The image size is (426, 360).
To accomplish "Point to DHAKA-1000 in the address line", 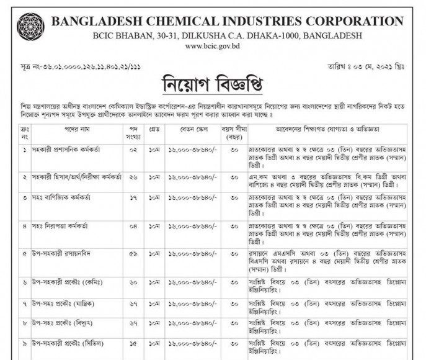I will (x=279, y=36).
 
